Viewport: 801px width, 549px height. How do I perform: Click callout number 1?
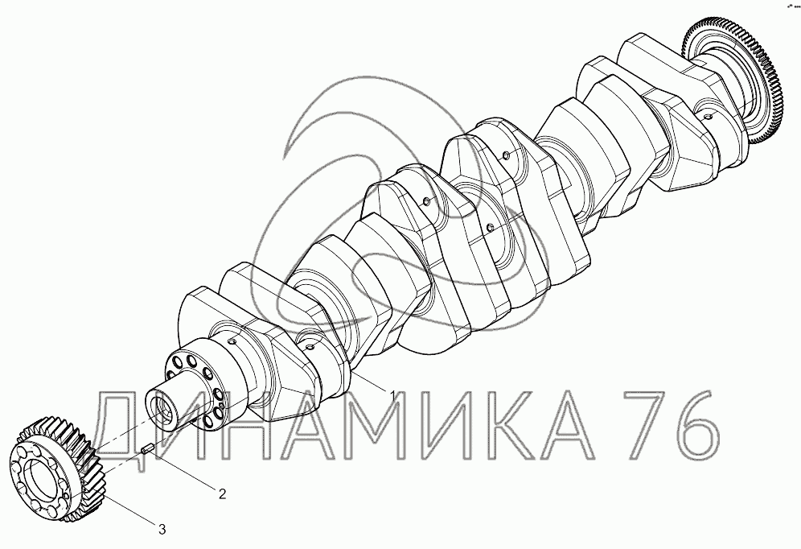pos(392,394)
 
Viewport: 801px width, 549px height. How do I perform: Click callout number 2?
pos(222,493)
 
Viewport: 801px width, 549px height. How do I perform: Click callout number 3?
pos(162,530)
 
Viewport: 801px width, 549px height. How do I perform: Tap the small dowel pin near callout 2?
pos(148,450)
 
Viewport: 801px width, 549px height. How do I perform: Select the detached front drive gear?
pos(57,469)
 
